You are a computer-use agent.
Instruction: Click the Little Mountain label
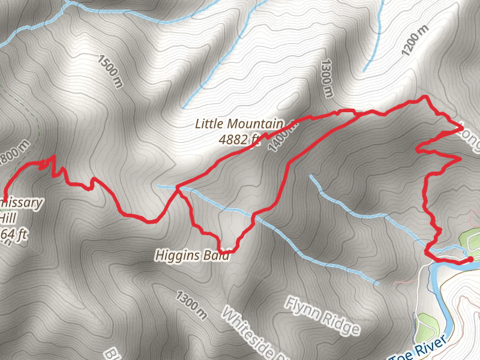(238, 124)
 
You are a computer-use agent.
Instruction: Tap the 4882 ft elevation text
(239, 139)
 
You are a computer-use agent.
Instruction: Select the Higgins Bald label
(193, 256)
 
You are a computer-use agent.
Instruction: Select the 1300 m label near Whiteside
(192, 304)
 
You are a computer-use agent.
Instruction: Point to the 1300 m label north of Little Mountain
(327, 78)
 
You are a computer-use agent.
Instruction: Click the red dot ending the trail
(470, 259)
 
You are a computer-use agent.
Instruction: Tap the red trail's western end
(4, 200)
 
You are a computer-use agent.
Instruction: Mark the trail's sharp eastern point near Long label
(461, 127)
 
